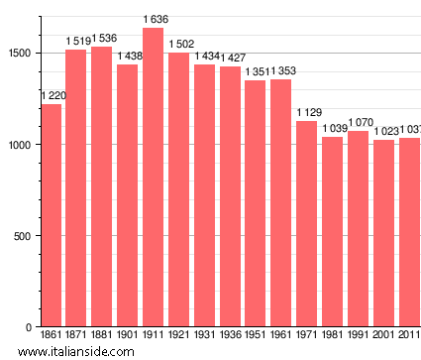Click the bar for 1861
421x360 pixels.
[x=52, y=215]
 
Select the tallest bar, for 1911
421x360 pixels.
[x=153, y=178]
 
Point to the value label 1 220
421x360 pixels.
[x=53, y=95]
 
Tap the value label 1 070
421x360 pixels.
[x=358, y=123]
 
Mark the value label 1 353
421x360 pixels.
[x=281, y=70]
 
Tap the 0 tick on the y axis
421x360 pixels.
[x=31, y=327]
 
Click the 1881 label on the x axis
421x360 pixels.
[x=102, y=336]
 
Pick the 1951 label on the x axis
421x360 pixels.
[x=256, y=336]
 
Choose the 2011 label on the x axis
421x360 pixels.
[x=408, y=336]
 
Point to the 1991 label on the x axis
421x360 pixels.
[x=358, y=336]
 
